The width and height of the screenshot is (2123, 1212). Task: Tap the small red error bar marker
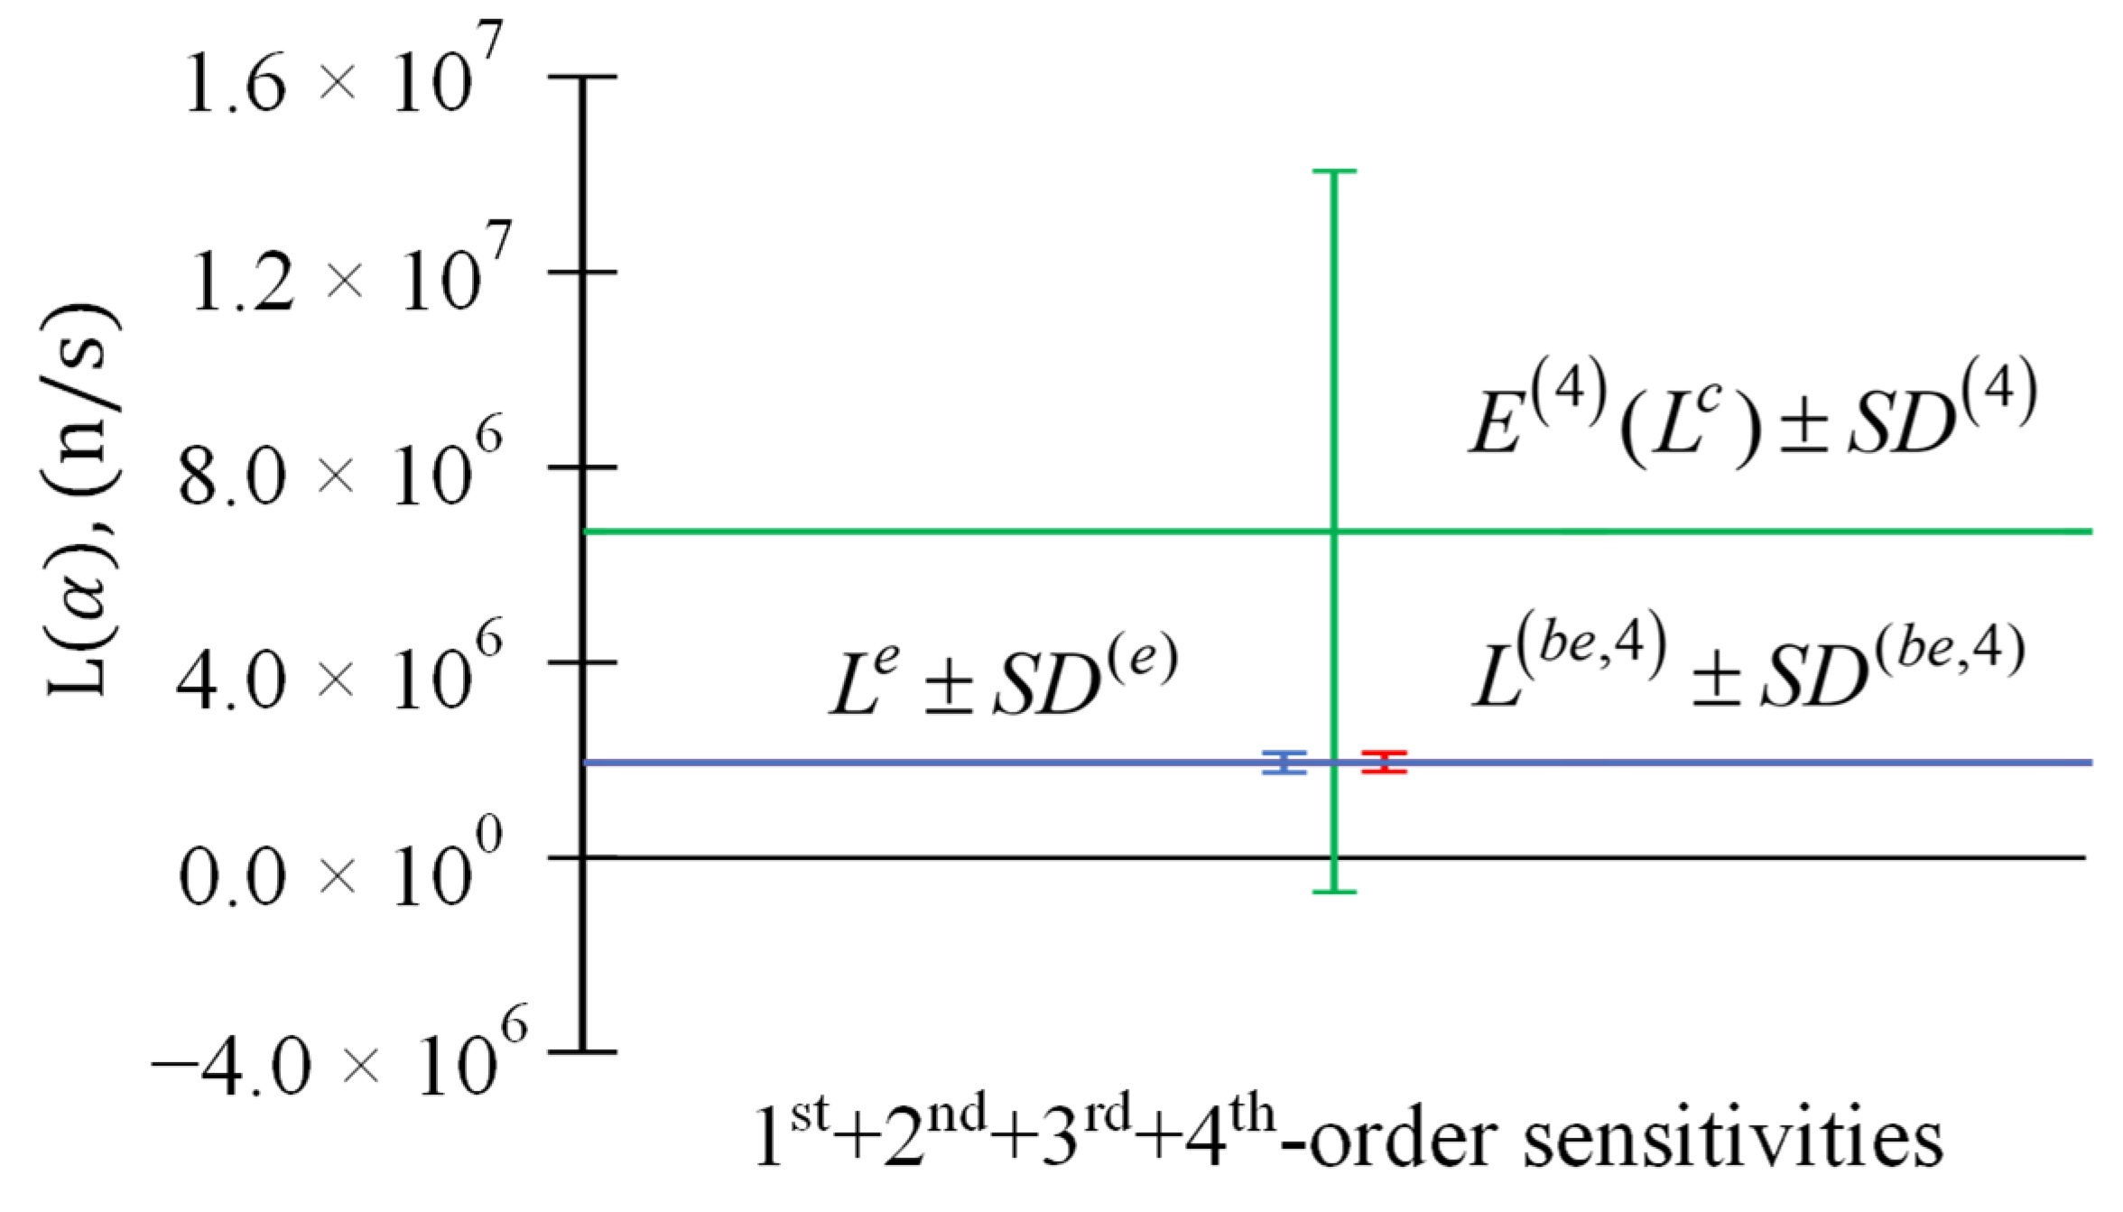coord(1384,763)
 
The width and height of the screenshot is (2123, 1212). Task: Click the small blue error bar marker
coord(1284,763)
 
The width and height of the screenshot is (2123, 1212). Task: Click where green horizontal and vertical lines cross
coord(1334,532)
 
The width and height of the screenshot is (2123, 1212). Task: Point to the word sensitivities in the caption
coord(1733,1141)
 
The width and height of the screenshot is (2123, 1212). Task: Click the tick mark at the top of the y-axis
coord(582,78)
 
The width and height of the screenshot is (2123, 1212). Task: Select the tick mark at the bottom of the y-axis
coord(582,1052)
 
